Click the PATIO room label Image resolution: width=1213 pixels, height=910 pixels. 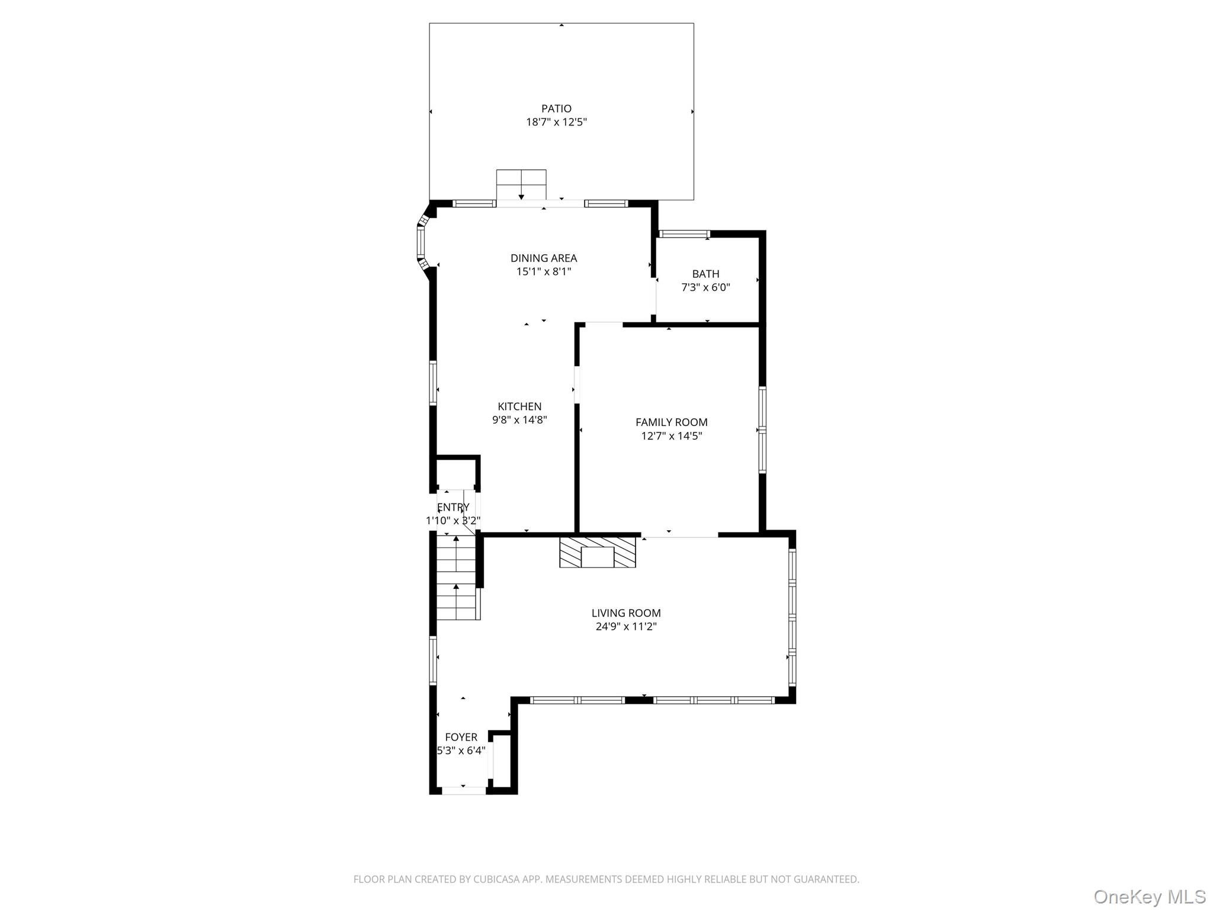pyautogui.click(x=556, y=108)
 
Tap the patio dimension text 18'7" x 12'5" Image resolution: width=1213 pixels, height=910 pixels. pyautogui.click(x=556, y=123)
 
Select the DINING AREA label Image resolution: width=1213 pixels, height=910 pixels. pyautogui.click(x=544, y=258)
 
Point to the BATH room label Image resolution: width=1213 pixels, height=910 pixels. pyautogui.click(x=705, y=274)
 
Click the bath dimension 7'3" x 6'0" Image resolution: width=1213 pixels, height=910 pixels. pyautogui.click(x=705, y=288)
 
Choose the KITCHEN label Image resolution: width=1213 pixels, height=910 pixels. pyautogui.click(x=519, y=406)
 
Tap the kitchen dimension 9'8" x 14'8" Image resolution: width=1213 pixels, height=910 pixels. pyautogui.click(x=519, y=420)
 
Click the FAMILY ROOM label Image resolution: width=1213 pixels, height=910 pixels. pyautogui.click(x=671, y=422)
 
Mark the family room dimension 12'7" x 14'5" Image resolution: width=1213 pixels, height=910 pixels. pyautogui.click(x=672, y=436)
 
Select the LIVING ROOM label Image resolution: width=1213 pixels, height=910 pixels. pyautogui.click(x=626, y=613)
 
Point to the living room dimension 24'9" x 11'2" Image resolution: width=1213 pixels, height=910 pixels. pyautogui.click(x=626, y=627)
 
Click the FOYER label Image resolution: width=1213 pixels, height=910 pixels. pyautogui.click(x=461, y=737)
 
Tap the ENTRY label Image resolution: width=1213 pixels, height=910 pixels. pyautogui.click(x=453, y=507)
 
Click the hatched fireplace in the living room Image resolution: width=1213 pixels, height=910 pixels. pyautogui.click(x=598, y=552)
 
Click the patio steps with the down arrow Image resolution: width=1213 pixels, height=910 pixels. pyautogui.click(x=521, y=185)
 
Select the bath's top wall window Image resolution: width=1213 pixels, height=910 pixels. pyautogui.click(x=684, y=233)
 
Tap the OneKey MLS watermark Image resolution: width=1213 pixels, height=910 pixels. pyautogui.click(x=1150, y=896)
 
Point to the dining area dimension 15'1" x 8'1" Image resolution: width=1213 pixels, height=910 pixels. pyautogui.click(x=544, y=272)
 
